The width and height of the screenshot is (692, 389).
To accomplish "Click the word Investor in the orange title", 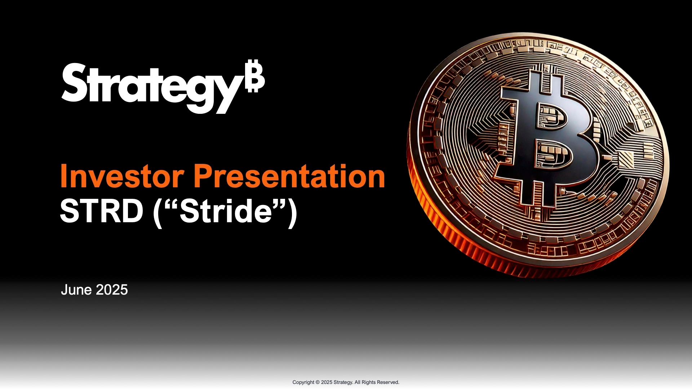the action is pyautogui.click(x=122, y=176).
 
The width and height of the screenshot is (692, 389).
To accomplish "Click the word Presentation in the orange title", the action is pyautogui.click(x=290, y=176).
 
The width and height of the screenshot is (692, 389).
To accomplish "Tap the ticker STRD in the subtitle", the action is pyautogui.click(x=101, y=211).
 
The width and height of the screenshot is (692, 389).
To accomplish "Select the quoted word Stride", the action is pyautogui.click(x=226, y=211).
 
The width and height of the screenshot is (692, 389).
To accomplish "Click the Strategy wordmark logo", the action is pyautogui.click(x=163, y=88).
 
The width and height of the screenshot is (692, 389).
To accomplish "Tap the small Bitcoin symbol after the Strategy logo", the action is pyautogui.click(x=255, y=77).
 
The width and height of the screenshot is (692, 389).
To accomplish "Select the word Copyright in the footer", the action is pyautogui.click(x=303, y=382).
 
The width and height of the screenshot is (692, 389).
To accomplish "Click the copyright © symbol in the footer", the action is pyautogui.click(x=318, y=382).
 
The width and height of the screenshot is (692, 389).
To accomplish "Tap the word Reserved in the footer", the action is pyautogui.click(x=388, y=382).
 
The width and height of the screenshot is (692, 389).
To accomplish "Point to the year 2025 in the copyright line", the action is pyautogui.click(x=327, y=382).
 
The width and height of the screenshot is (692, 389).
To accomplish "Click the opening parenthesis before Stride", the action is pyautogui.click(x=157, y=213).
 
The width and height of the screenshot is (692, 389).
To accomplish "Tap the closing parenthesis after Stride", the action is pyautogui.click(x=293, y=213).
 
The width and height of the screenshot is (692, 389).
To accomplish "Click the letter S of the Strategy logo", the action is pyautogui.click(x=74, y=82).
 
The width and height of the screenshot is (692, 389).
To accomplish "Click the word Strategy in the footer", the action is pyautogui.click(x=343, y=382).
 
